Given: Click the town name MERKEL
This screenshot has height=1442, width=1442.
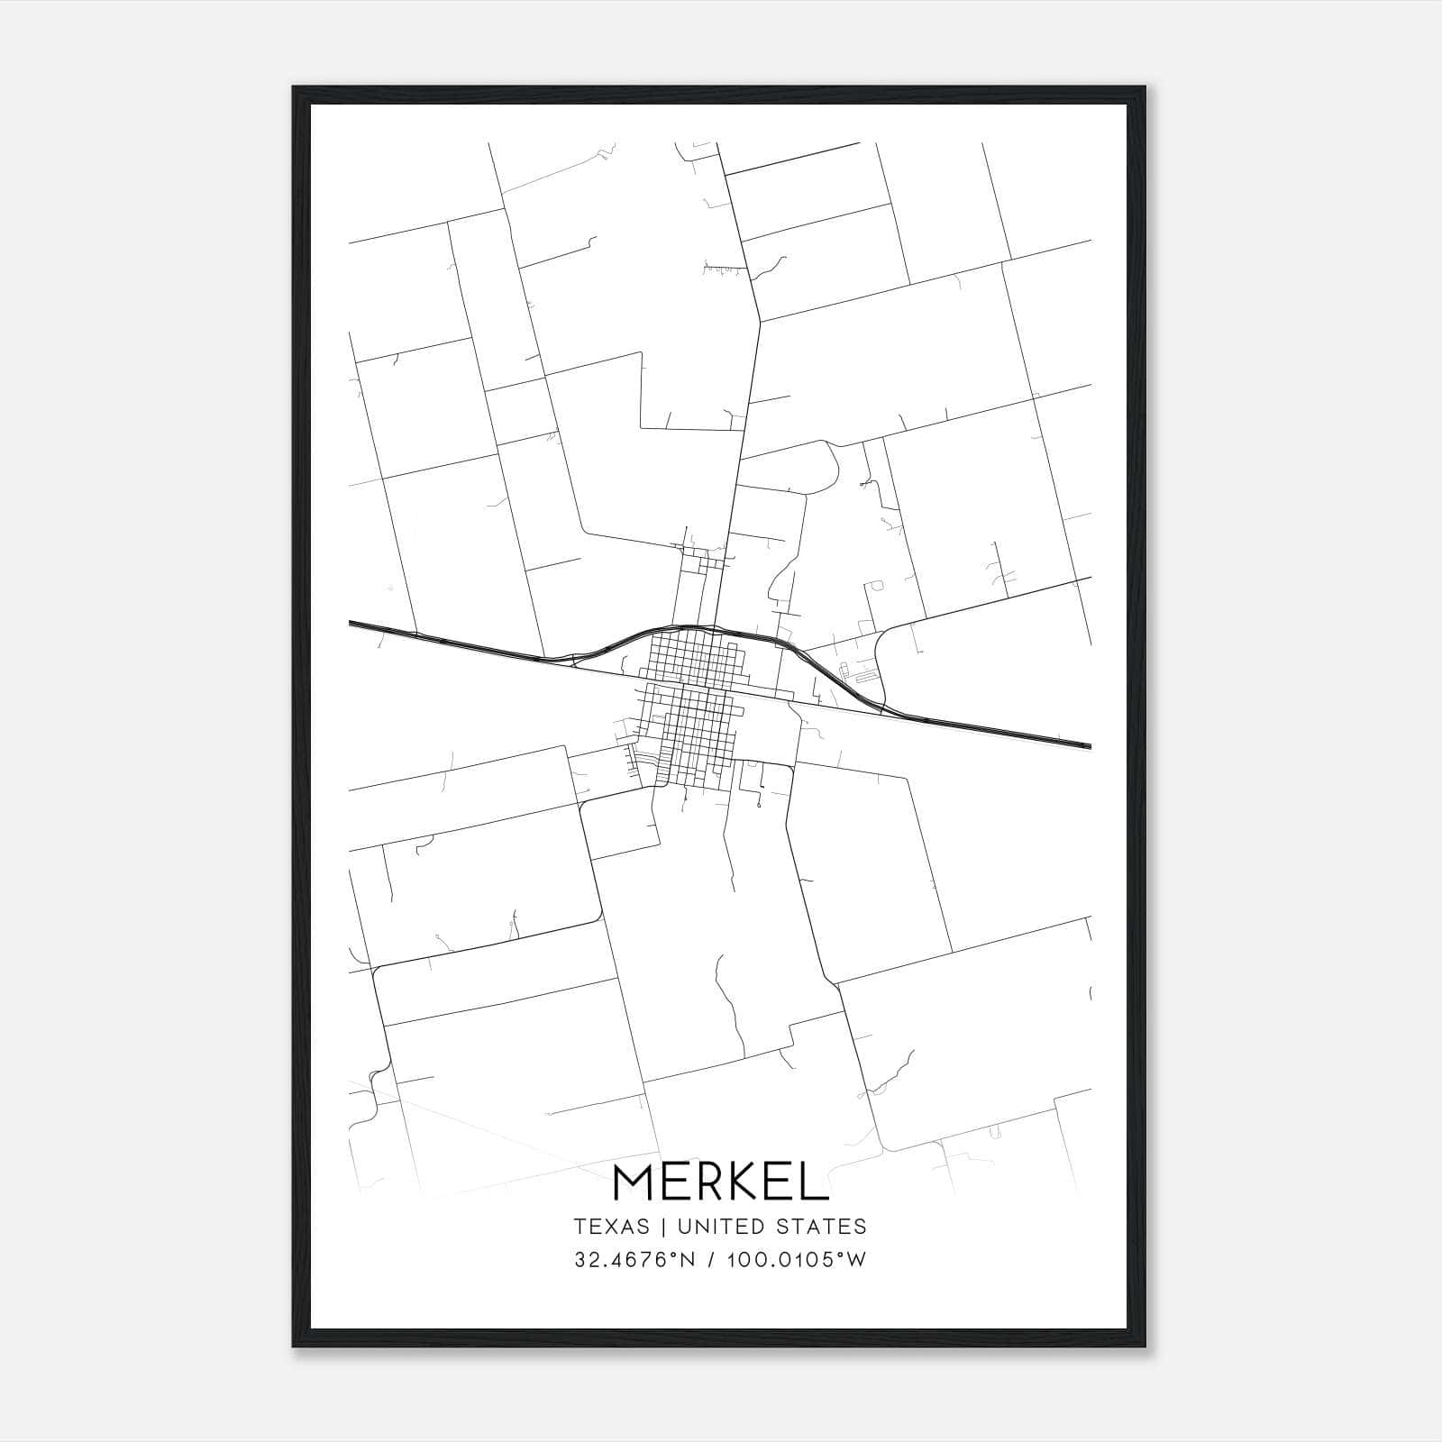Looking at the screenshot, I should click(720, 1182).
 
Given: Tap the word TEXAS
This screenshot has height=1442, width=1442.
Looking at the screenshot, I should click(611, 1227).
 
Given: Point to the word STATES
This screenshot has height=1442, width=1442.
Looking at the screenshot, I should click(823, 1227).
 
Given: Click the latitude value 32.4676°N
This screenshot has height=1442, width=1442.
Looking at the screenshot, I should click(634, 1260).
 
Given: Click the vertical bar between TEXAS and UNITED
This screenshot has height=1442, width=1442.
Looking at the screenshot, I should click(662, 1227).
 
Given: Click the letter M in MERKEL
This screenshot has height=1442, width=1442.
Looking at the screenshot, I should click(634, 1182).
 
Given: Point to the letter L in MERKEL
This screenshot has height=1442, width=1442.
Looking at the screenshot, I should click(815, 1182).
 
